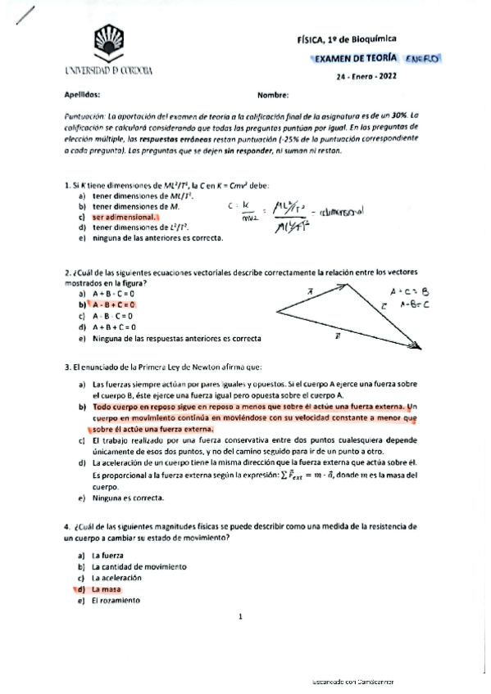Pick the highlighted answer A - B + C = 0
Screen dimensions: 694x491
click(114, 304)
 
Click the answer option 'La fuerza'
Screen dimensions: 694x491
click(107, 556)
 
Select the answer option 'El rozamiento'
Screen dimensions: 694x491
click(116, 600)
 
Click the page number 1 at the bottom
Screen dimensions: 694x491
click(240, 617)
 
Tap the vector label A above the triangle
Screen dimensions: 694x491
click(311, 290)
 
